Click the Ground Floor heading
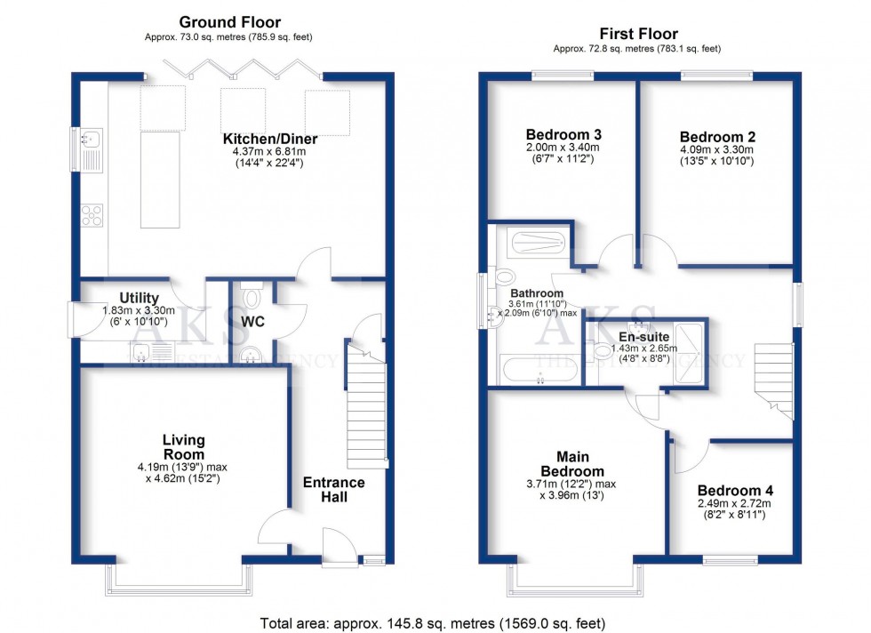(229, 21)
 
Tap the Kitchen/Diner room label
(270, 140)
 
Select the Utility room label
(139, 298)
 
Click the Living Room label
(184, 447)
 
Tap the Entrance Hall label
(334, 489)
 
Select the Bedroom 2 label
(717, 137)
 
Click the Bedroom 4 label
(735, 490)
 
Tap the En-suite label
(644, 337)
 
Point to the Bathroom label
(536, 293)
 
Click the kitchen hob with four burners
(92, 214)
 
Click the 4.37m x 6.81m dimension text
(270, 152)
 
